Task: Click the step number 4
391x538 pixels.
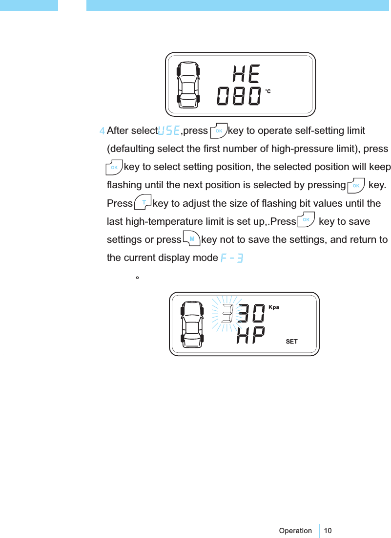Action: click(102, 131)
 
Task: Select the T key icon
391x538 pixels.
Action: click(143, 202)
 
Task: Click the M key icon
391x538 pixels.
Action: click(191, 239)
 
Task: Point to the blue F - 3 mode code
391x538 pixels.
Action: click(232, 258)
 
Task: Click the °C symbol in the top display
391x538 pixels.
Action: click(268, 91)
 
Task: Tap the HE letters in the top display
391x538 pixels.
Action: click(247, 74)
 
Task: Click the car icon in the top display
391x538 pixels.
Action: click(189, 84)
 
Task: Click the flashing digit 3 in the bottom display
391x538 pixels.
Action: click(227, 313)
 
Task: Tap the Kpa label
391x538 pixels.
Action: click(274, 307)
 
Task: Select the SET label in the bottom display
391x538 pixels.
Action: click(291, 342)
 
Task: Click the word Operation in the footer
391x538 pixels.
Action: click(295, 531)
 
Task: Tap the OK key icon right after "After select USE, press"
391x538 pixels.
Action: click(219, 130)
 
